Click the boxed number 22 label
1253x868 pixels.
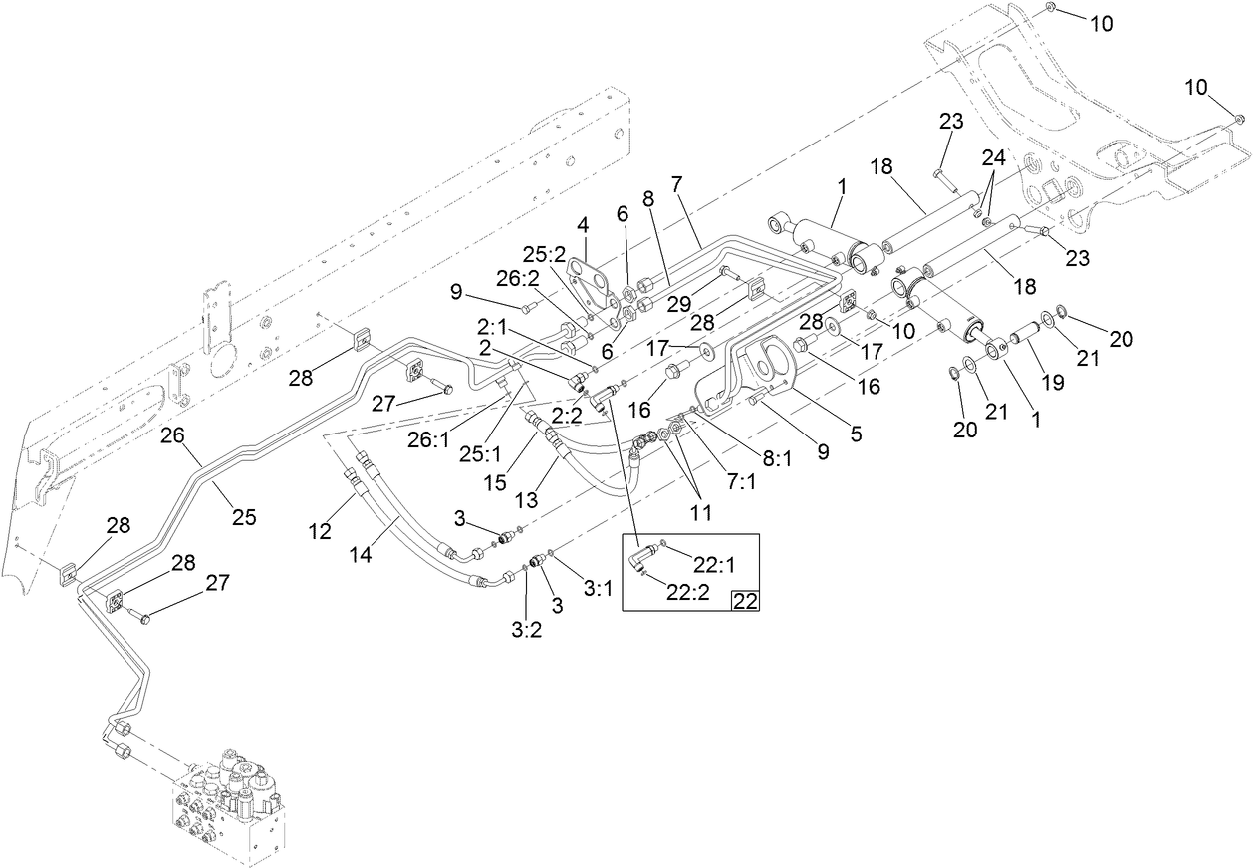(x=745, y=601)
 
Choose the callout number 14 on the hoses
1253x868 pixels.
(x=361, y=554)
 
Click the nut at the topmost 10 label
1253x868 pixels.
(x=1052, y=8)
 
